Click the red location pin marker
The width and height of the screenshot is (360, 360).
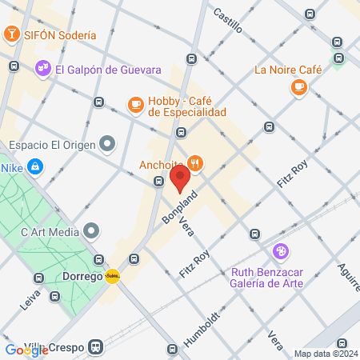[179, 178]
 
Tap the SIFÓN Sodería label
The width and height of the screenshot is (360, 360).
[60, 35]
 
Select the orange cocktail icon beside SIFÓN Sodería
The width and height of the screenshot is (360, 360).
[12, 34]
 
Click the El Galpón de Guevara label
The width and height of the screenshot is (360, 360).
[104, 70]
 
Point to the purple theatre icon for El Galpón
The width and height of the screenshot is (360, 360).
[43, 70]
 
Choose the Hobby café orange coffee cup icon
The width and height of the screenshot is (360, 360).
[135, 103]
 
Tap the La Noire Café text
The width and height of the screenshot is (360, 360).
[288, 70]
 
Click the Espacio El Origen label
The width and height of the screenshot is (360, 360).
[52, 145]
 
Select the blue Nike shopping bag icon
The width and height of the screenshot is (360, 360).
[34, 166]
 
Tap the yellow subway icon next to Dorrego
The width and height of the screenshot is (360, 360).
[113, 277]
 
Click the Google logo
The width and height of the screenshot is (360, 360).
[25, 350]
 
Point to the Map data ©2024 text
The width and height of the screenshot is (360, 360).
[325, 354]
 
